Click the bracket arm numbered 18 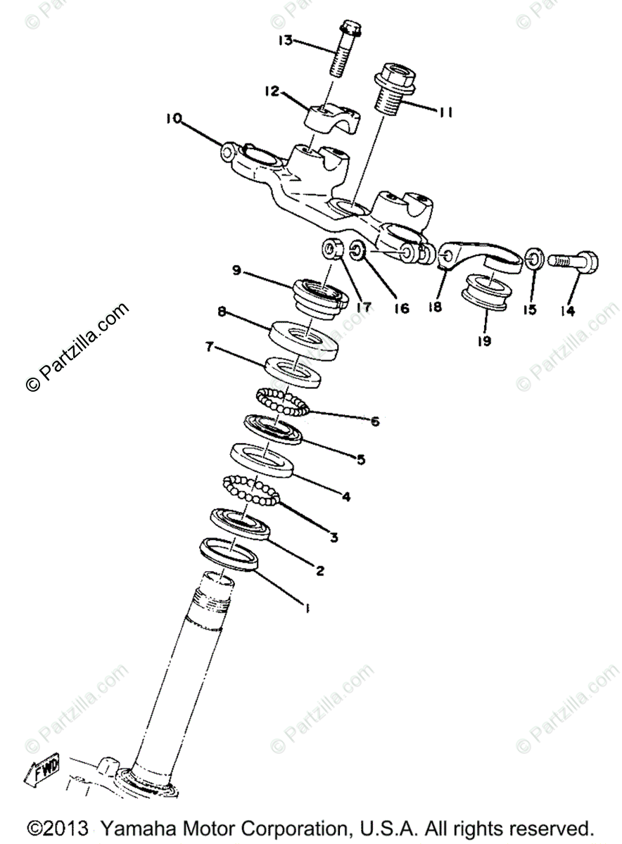478,257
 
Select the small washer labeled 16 356,250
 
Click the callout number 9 236,270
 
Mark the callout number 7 209,345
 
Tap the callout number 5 360,459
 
